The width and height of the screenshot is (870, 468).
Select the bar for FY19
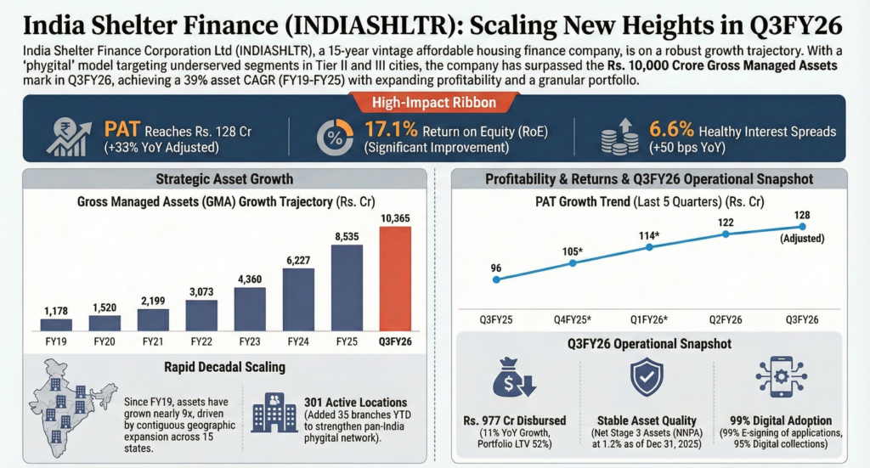pyautogui.click(x=56, y=324)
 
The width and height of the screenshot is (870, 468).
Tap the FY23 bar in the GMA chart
pyautogui.click(x=250, y=307)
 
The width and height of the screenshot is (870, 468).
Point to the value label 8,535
pyautogui.click(x=347, y=235)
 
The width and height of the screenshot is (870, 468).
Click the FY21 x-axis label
pyautogui.click(x=153, y=341)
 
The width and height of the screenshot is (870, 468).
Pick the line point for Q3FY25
pyautogui.click(x=496, y=279)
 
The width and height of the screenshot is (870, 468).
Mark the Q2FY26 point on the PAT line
pyautogui.click(x=726, y=233)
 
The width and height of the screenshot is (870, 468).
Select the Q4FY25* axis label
pyautogui.click(x=573, y=319)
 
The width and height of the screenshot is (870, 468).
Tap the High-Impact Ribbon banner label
pyautogui.click(x=434, y=104)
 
